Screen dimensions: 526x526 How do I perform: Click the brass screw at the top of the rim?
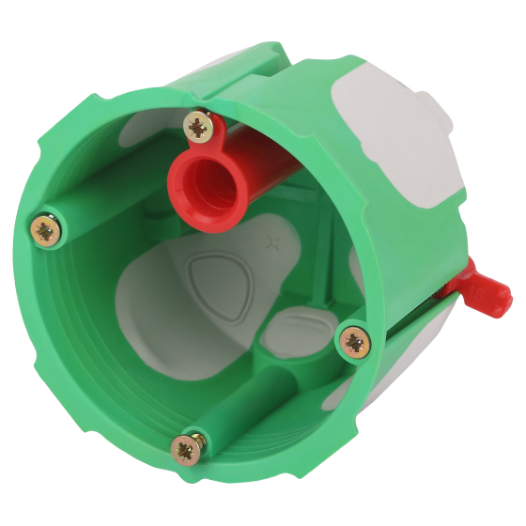coord(198,125)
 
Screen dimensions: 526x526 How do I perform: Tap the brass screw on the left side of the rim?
coord(45,228)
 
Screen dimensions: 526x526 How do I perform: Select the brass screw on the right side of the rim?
coord(354,341)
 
